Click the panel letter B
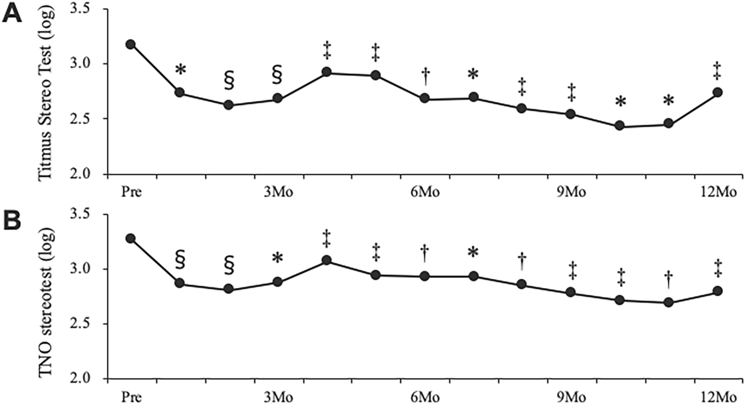tap(12, 221)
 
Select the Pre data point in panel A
tap(131, 44)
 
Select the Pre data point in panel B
tap(131, 239)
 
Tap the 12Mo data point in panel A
tap(718, 93)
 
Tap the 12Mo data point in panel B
tap(718, 291)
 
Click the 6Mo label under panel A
tap(425, 192)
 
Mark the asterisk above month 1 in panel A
tap(180, 70)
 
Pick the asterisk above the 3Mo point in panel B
tap(278, 258)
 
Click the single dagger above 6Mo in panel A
tap(425, 77)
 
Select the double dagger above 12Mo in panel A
tap(718, 70)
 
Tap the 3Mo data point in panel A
tap(278, 99)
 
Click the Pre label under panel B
tap(131, 398)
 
